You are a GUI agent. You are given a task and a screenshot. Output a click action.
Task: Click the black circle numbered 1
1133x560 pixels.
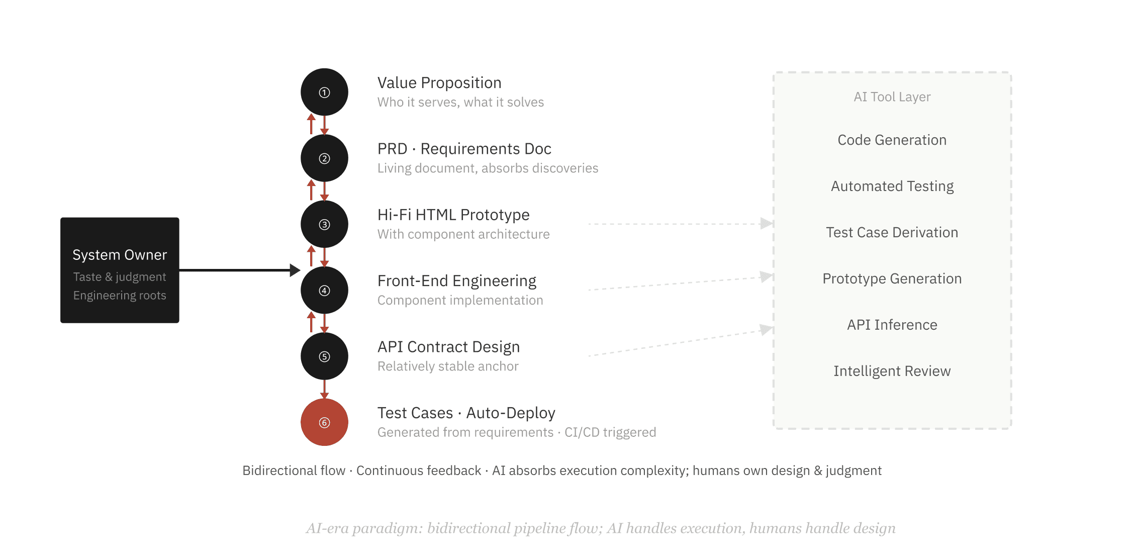coord(324,92)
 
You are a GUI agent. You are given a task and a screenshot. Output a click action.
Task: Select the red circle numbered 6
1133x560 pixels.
coord(324,422)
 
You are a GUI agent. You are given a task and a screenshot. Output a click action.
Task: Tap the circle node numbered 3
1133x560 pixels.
coord(324,224)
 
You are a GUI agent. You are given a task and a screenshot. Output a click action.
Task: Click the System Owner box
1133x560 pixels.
coord(120,270)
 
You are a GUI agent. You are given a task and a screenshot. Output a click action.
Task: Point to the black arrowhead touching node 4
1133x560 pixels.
coord(295,270)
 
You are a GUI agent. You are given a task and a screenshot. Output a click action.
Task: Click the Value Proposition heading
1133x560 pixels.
coord(439,82)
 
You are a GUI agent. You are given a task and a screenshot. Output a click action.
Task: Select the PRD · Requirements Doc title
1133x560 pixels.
coord(464,149)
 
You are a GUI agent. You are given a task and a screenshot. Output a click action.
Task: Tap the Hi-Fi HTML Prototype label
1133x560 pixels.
coord(453,215)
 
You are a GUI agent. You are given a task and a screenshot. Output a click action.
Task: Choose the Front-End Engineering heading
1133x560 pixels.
coord(456,281)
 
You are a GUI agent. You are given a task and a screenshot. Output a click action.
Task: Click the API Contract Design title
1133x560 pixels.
coord(448,347)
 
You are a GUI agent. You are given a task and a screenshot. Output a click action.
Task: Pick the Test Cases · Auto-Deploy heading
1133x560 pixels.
coord(466,413)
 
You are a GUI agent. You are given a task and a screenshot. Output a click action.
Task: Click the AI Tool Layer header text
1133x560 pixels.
coord(892,97)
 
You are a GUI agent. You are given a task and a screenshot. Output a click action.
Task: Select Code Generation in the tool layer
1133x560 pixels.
coord(892,140)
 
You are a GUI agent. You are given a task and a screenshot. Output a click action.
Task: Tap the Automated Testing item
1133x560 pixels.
coord(892,186)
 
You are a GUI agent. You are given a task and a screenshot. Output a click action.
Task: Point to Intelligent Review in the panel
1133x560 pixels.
coord(892,371)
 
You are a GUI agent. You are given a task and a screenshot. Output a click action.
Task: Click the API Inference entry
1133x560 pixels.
coord(892,325)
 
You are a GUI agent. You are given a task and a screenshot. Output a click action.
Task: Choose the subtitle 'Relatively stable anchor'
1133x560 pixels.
coord(448,366)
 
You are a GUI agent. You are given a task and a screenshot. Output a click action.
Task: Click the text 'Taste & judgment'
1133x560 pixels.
coord(120,277)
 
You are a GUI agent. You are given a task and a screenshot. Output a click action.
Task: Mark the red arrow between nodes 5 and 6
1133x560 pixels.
coord(324,389)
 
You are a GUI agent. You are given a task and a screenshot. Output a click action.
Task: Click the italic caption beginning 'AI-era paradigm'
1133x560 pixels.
coord(601,528)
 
